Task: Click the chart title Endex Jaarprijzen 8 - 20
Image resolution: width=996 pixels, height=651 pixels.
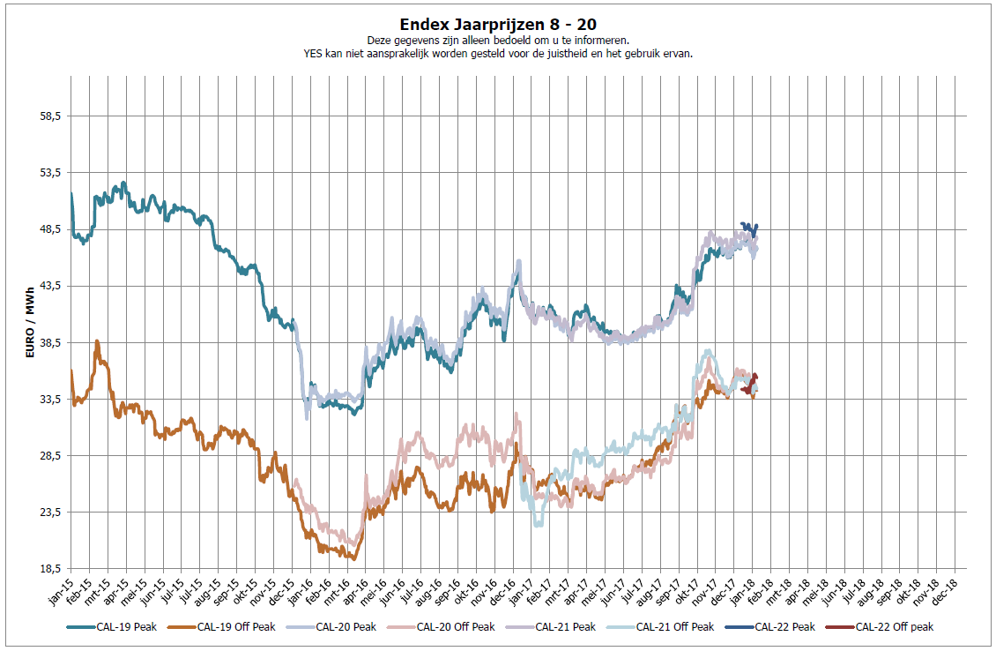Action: coord(497,25)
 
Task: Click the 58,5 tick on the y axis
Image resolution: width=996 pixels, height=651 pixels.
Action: coord(49,116)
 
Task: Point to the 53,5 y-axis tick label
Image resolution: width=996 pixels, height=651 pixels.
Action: coord(49,173)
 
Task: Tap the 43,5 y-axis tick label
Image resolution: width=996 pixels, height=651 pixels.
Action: coord(49,286)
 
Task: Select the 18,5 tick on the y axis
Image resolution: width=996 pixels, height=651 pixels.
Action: coord(49,569)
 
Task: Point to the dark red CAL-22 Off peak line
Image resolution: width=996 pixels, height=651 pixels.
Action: coord(754,381)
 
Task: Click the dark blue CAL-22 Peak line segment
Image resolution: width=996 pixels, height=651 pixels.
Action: coord(749,228)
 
